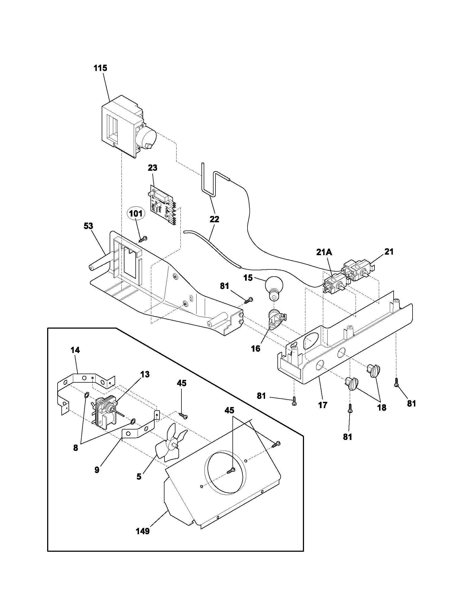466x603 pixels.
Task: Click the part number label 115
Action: tap(100, 68)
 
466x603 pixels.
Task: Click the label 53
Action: tap(88, 226)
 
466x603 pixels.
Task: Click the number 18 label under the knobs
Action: tap(382, 408)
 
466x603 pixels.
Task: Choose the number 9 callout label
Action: tap(97, 470)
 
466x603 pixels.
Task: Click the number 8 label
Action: tap(76, 448)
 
